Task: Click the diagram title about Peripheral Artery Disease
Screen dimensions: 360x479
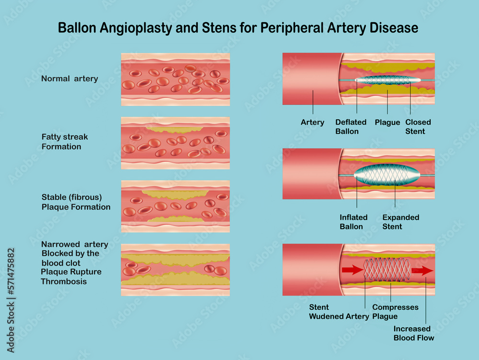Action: pyautogui.click(x=238, y=28)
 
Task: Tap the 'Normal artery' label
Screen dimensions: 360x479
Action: pyautogui.click(x=69, y=79)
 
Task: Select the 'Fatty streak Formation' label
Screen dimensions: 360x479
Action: pyautogui.click(x=65, y=142)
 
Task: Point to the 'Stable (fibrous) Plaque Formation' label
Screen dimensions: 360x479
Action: pyautogui.click(x=76, y=202)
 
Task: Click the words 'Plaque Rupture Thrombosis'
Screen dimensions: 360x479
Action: pyautogui.click(x=71, y=277)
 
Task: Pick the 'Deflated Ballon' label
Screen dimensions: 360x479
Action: pyautogui.click(x=351, y=127)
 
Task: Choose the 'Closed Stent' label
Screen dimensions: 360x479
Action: pyautogui.click(x=418, y=127)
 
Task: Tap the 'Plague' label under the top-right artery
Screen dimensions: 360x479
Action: pyautogui.click(x=387, y=122)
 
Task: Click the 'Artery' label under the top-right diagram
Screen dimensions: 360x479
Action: pyautogui.click(x=312, y=122)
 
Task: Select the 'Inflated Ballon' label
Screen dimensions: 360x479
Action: pyautogui.click(x=354, y=222)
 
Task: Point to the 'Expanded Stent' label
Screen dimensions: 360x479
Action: pyautogui.click(x=400, y=222)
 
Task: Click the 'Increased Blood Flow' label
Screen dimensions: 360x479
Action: pyautogui.click(x=414, y=333)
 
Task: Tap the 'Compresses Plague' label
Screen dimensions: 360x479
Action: pyautogui.click(x=395, y=312)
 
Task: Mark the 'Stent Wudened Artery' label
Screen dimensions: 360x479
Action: pyautogui.click(x=339, y=312)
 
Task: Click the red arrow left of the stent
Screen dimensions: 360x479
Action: pyautogui.click(x=352, y=270)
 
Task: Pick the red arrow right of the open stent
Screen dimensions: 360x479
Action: pyautogui.click(x=422, y=271)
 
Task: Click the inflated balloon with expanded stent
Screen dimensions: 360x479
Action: pyautogui.click(x=387, y=175)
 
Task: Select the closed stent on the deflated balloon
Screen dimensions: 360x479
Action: pyautogui.click(x=387, y=80)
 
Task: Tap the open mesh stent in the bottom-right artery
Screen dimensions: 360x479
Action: pyautogui.click(x=387, y=270)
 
